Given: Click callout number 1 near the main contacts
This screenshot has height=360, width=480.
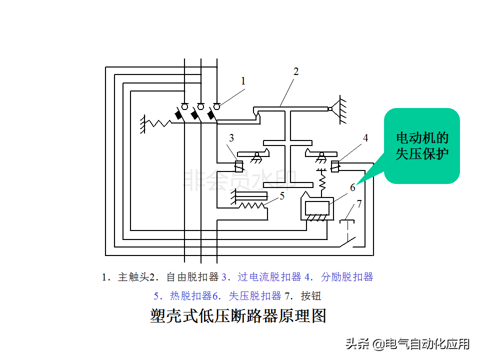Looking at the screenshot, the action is (243, 81).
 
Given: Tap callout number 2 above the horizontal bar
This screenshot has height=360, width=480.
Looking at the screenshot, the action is (295, 71).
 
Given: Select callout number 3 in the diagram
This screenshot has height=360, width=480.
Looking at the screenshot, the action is (231, 138).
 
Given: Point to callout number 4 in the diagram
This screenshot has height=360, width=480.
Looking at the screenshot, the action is (365, 138).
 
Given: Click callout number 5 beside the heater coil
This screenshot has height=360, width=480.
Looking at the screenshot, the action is (282, 196).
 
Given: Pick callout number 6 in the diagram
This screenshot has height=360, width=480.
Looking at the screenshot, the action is (352, 187).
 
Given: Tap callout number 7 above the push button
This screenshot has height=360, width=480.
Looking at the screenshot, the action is (359, 203).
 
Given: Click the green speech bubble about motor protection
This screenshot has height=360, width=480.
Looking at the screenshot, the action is (422, 145).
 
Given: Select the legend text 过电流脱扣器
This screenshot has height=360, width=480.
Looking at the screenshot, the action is (269, 277).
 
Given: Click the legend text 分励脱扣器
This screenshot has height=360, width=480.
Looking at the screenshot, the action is (347, 277).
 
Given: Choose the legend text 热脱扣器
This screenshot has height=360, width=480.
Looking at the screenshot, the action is (190, 296).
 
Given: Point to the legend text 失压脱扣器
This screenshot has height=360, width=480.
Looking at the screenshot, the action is (254, 296).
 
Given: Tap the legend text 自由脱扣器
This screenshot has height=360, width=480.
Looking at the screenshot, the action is (192, 277).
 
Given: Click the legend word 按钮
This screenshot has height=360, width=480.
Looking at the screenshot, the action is (310, 296).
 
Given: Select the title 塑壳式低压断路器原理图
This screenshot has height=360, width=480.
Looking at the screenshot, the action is (238, 315).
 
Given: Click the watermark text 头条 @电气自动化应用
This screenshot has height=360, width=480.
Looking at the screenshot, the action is (407, 344).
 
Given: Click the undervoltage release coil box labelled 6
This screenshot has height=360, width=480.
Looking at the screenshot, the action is (317, 208).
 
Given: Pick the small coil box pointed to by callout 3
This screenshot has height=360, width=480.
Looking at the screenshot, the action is (239, 166).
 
